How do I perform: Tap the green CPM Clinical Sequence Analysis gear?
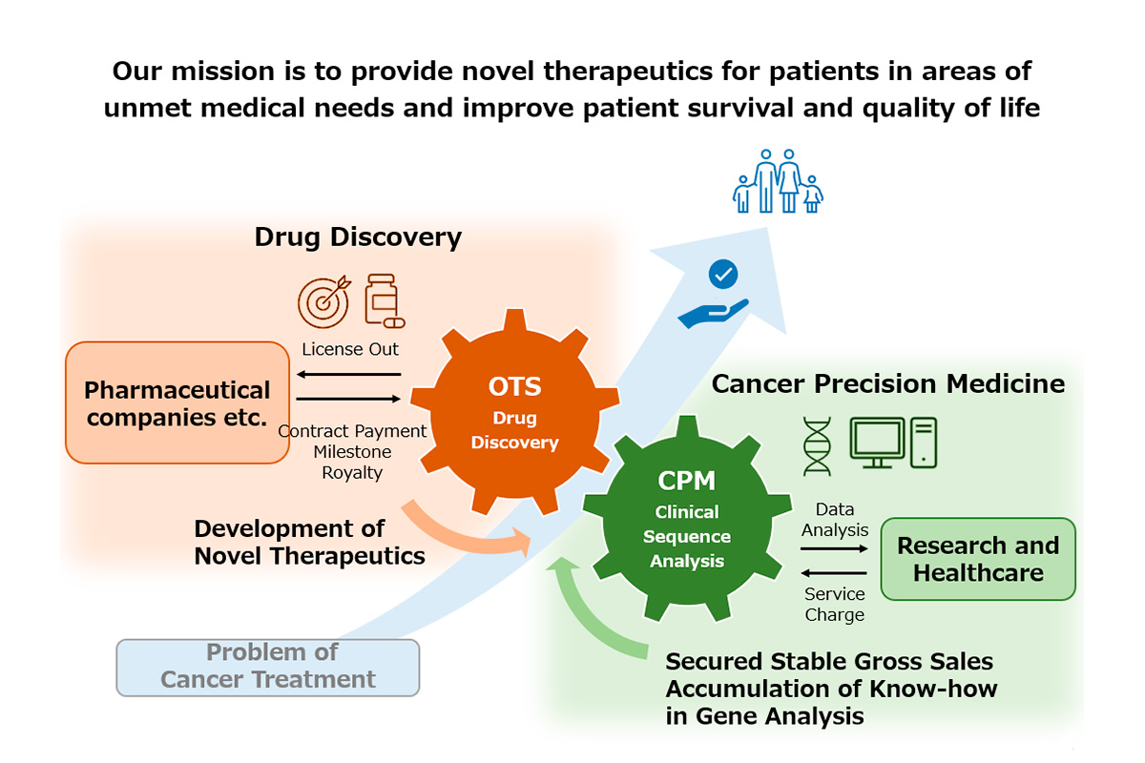(x=687, y=519)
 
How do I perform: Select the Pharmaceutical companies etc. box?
(x=177, y=402)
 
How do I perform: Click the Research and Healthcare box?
(x=978, y=559)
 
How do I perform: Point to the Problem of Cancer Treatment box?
(x=268, y=668)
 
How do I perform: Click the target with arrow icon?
(x=324, y=301)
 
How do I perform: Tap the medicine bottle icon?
(x=385, y=300)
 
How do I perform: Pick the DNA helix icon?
(x=817, y=446)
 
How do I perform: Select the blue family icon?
(x=778, y=181)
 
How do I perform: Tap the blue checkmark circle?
(x=723, y=275)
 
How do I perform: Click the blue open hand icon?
(x=713, y=313)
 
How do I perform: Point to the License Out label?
(x=350, y=350)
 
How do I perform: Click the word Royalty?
(x=352, y=473)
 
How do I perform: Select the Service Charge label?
(x=835, y=604)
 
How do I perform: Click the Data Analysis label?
(x=835, y=520)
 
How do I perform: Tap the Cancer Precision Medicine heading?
(x=888, y=383)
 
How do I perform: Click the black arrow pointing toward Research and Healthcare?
(x=834, y=548)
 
